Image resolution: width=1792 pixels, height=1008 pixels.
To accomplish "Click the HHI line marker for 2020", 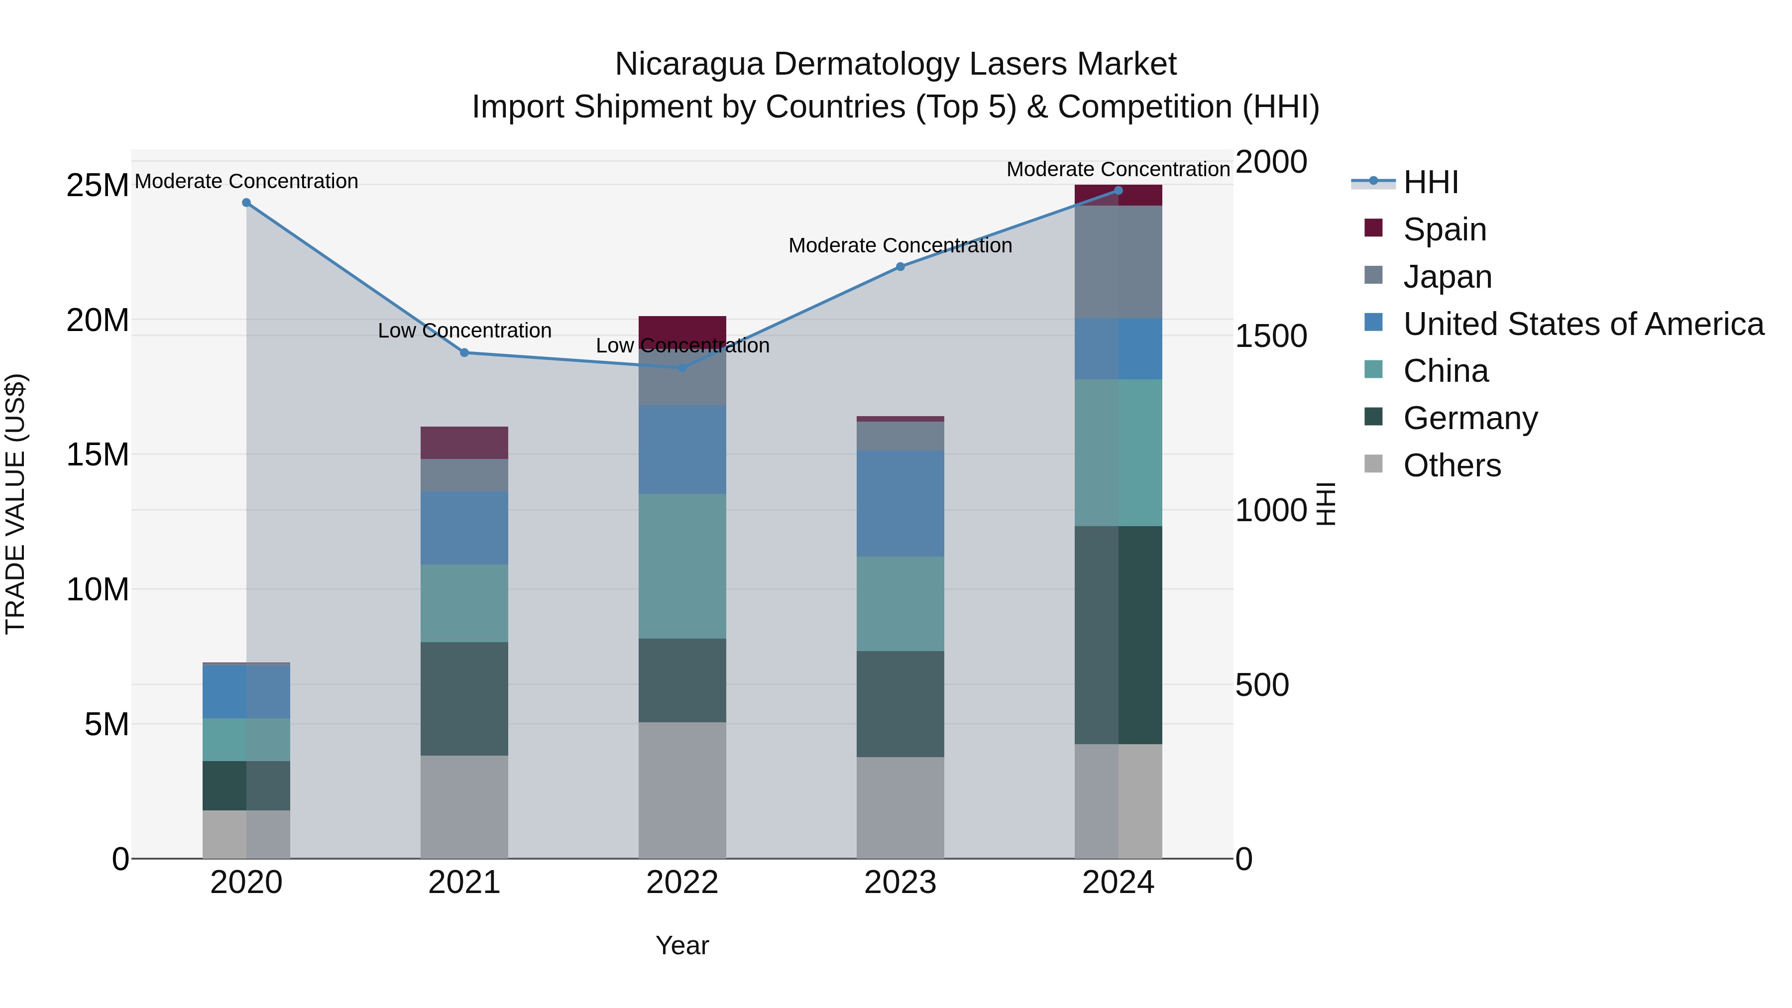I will pos(246,203).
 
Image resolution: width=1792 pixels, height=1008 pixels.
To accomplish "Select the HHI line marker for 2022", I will pos(682,367).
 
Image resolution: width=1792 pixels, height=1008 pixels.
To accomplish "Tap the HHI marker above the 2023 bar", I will pos(900,266).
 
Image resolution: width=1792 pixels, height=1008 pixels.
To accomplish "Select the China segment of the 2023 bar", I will pos(900,603).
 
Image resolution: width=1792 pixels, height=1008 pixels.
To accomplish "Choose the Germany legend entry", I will pos(1470,418).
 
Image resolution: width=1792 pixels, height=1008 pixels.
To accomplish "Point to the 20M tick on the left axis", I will pos(98,321).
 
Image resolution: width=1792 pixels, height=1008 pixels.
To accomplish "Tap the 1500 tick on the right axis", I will pos(1271,336).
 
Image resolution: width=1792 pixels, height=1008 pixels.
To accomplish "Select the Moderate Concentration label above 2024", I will pos(1118,169).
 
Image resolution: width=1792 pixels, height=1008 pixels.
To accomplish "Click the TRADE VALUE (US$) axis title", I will pos(15,504).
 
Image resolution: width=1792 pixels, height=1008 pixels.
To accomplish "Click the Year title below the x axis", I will pos(682,945).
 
